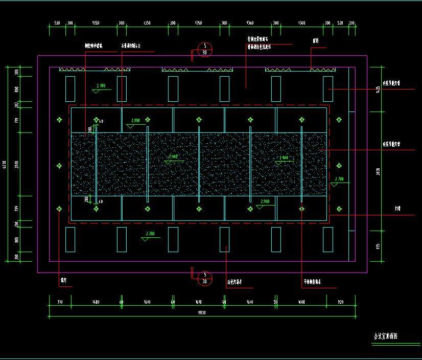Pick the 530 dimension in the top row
57,24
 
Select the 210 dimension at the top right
351,24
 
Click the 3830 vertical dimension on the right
378,172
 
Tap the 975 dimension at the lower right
378,246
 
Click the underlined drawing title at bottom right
386,336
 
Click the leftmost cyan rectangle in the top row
70,88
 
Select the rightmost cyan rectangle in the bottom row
327,239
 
